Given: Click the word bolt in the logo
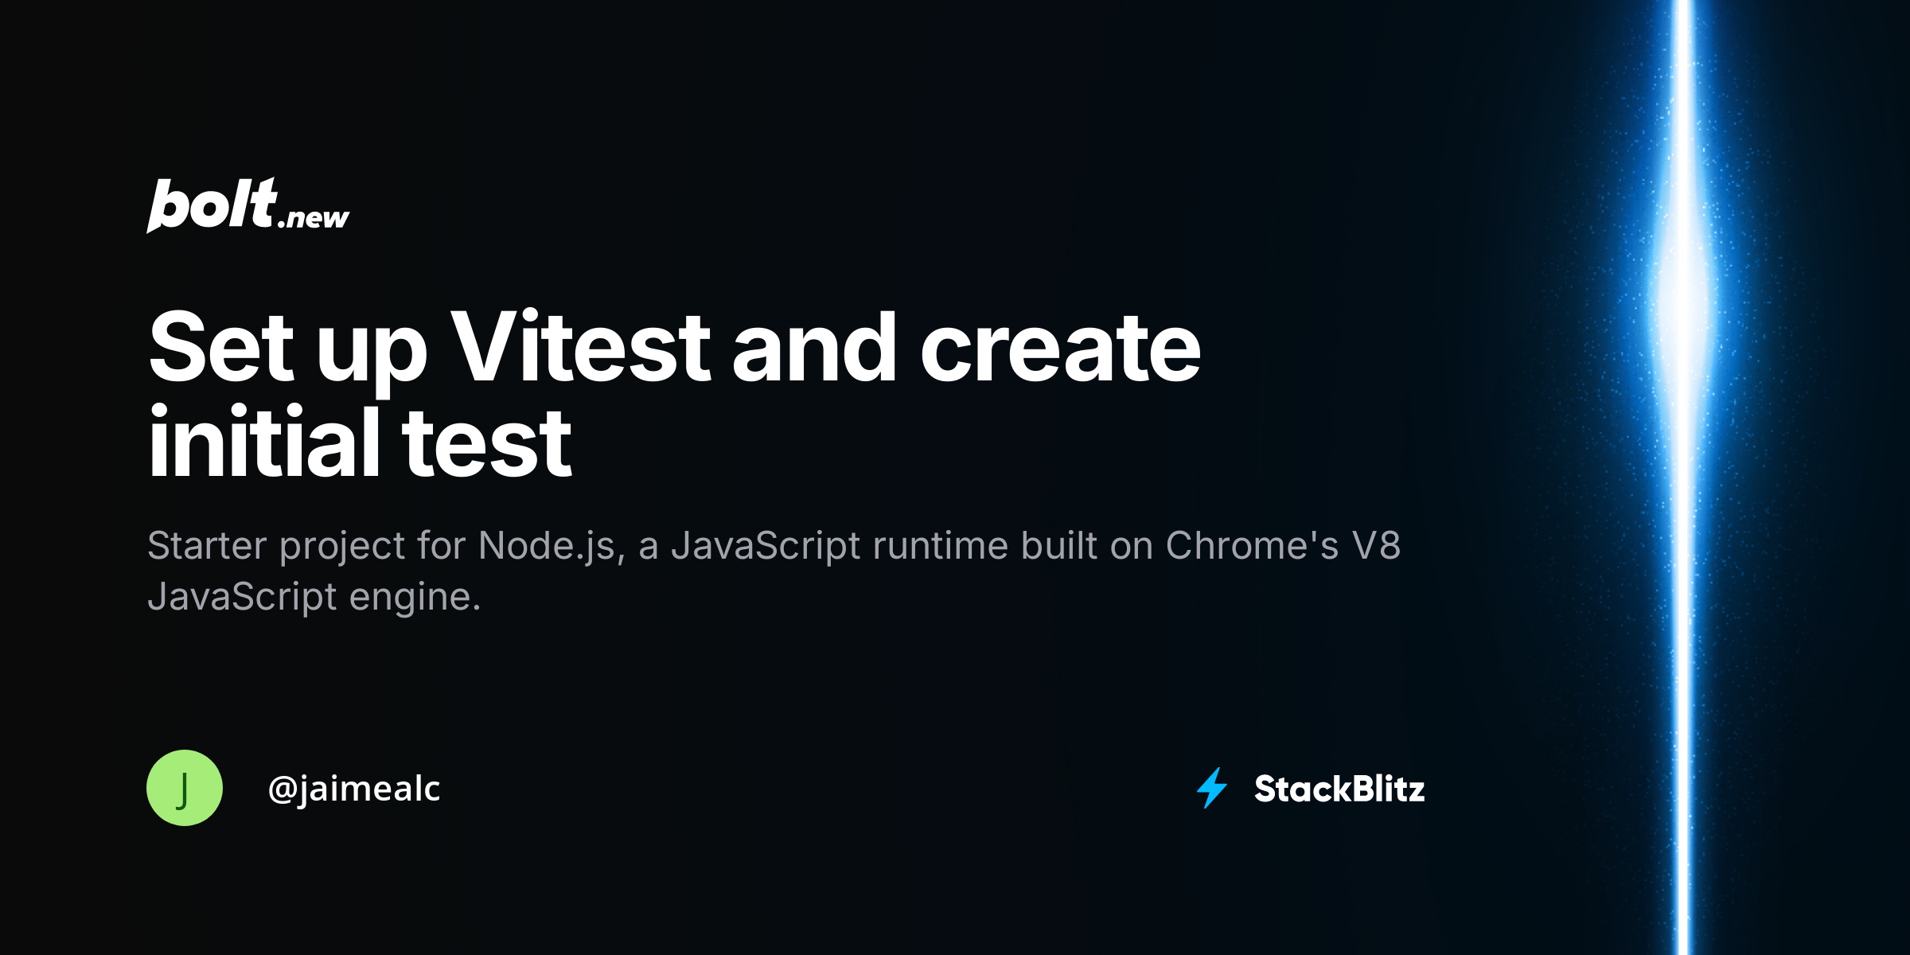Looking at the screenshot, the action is (x=212, y=205).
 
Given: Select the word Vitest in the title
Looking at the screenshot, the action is (x=580, y=347).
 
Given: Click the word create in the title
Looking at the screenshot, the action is (x=1060, y=349).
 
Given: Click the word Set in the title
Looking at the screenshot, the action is (x=221, y=347).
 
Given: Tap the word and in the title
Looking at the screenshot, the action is (x=815, y=347).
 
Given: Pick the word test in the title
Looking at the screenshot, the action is (x=486, y=442).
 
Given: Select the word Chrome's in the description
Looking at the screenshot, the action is (x=1253, y=545).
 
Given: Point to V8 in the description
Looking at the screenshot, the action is (x=1376, y=545).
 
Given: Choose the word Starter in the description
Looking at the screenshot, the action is (x=207, y=545).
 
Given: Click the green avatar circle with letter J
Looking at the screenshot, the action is (x=185, y=788).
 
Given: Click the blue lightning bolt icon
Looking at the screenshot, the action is (x=1212, y=788).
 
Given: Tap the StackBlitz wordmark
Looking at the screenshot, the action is (x=1339, y=789).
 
